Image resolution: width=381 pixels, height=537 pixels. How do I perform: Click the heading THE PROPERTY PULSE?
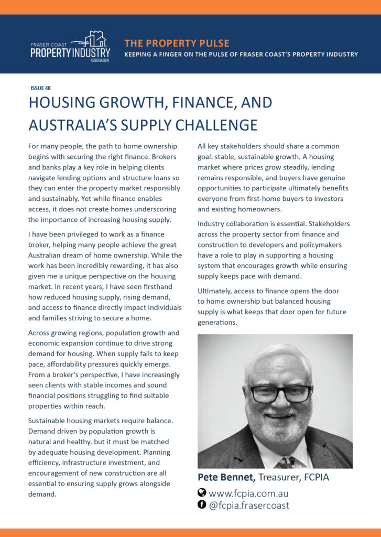pos(177,43)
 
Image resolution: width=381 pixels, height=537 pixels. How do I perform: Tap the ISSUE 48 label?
pos(40,88)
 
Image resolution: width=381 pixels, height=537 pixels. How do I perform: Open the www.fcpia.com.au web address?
pos(248,493)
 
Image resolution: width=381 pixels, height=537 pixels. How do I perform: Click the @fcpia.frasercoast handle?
pos(249,506)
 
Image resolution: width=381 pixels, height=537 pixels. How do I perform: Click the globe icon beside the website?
pos(202,493)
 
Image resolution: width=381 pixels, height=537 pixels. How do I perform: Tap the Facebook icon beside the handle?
pos(202,505)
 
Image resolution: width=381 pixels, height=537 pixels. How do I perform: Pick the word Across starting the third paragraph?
pos(40,332)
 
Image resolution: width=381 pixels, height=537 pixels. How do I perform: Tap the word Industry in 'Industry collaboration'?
pos(213,224)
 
